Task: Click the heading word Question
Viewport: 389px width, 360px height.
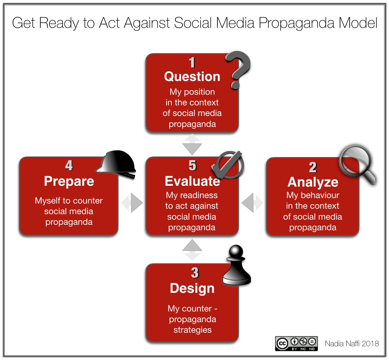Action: pyautogui.click(x=192, y=77)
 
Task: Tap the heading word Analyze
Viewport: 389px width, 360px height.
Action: pyautogui.click(x=313, y=182)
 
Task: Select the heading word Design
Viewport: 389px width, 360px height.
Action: pyautogui.click(x=192, y=288)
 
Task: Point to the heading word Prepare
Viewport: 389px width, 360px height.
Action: pyautogui.click(x=69, y=181)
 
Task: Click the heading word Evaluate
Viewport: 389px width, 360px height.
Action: pyautogui.click(x=192, y=181)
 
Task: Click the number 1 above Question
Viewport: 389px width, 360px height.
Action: pyautogui.click(x=192, y=63)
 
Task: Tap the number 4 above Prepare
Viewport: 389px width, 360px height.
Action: pyautogui.click(x=69, y=166)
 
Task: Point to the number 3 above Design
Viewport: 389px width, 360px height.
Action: pyautogui.click(x=195, y=273)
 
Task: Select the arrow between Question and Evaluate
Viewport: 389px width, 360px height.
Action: pyautogui.click(x=192, y=145)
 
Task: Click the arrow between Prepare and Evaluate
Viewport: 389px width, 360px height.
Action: pyautogui.click(x=132, y=203)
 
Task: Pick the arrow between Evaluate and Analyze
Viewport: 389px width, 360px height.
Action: pyautogui.click(x=252, y=203)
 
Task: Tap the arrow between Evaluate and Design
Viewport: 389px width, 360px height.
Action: pyautogui.click(x=192, y=249)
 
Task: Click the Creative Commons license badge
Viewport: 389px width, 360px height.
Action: pyautogui.click(x=296, y=343)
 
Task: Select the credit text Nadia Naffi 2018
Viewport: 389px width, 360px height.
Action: pyautogui.click(x=352, y=344)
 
